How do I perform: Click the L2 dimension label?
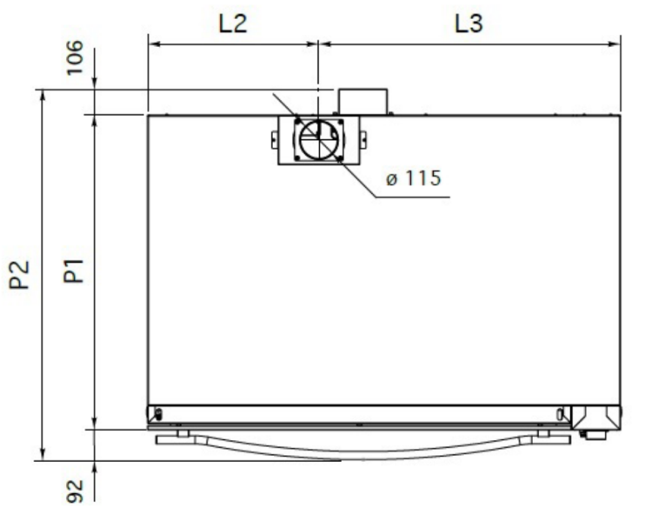233,23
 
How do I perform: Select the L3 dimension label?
469,23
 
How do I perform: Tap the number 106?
75,57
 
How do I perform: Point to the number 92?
75,491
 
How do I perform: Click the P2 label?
19,274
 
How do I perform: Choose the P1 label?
74,271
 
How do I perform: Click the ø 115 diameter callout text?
413,178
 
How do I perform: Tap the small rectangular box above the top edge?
363,102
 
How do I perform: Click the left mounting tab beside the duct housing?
275,140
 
